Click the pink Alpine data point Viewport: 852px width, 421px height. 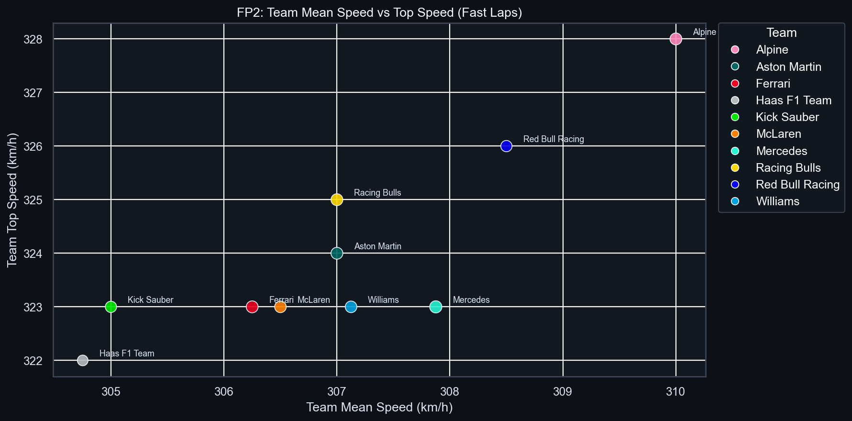[x=675, y=39]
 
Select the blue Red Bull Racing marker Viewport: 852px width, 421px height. [x=506, y=146]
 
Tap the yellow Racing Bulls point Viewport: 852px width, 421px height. [x=337, y=199]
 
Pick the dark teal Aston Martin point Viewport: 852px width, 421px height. [x=337, y=253]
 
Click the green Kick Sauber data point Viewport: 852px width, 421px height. [x=111, y=307]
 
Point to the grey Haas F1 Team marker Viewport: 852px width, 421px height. [x=82, y=360]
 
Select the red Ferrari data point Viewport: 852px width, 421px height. [x=252, y=307]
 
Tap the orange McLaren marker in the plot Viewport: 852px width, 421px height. [x=280, y=307]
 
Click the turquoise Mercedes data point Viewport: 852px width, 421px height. [x=435, y=307]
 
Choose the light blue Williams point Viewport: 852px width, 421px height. [x=351, y=307]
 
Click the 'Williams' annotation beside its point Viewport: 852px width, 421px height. [x=383, y=300]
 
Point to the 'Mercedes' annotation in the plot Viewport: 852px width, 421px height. [x=471, y=300]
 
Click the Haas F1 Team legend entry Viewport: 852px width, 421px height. [x=793, y=100]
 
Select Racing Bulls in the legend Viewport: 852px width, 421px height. [x=788, y=168]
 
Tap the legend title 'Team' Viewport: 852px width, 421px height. [x=781, y=33]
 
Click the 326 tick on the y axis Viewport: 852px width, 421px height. [x=33, y=146]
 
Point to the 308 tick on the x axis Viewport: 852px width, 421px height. [x=449, y=392]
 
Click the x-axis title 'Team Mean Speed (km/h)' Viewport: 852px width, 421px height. [x=379, y=407]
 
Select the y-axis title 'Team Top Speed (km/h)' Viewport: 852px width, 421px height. [x=12, y=199]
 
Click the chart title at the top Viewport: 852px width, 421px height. [x=379, y=12]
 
